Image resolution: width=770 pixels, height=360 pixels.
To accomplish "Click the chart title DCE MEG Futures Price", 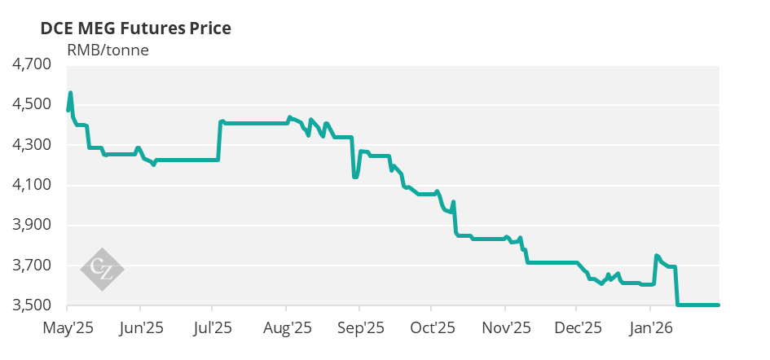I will point(135,29).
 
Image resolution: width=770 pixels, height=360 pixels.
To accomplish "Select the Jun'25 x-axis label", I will point(141,328).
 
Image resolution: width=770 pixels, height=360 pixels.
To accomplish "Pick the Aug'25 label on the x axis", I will point(286,328).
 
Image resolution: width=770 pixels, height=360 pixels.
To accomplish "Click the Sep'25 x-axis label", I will point(359,328).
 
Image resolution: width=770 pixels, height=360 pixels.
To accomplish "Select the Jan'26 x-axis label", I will point(649,328).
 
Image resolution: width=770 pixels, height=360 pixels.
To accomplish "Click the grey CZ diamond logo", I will point(103,268).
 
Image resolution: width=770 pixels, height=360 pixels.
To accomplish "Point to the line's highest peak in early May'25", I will point(71,93).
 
